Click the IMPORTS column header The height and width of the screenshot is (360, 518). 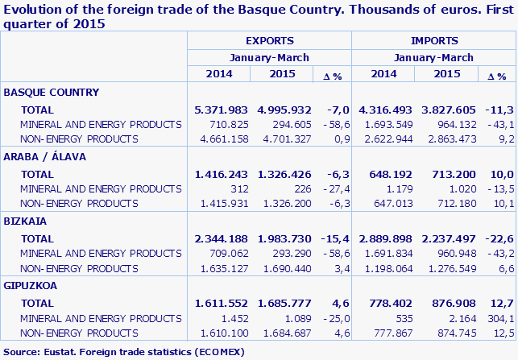[x=434, y=40]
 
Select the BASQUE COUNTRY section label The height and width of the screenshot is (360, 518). [x=52, y=92]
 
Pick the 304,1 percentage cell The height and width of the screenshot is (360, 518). [x=499, y=317]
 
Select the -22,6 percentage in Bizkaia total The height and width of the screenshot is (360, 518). [x=497, y=238]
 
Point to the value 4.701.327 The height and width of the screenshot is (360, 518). [x=284, y=139]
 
